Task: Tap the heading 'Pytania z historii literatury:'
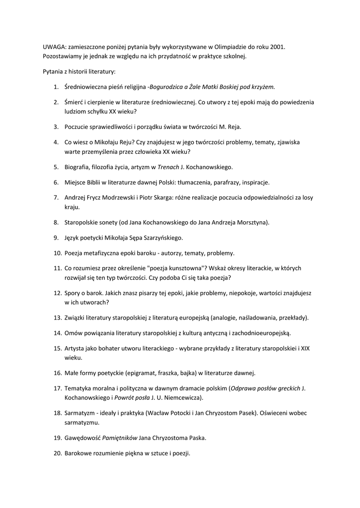79,71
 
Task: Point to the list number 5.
56,167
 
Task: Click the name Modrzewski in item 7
116,197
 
